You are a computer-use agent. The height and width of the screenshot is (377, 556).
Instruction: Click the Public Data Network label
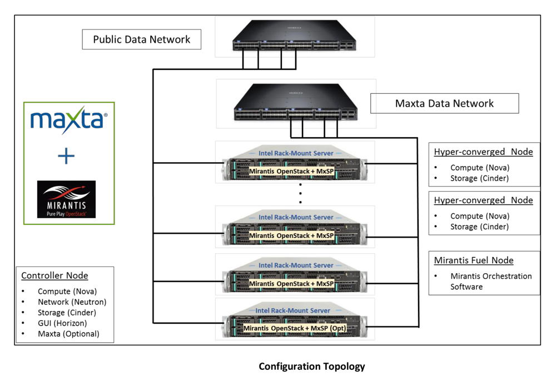pos(141,39)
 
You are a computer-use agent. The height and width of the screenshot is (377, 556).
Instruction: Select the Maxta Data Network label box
pos(444,103)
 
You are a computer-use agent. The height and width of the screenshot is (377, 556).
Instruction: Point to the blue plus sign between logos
pos(66,157)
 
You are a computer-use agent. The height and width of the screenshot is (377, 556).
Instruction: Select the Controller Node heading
pos(54,275)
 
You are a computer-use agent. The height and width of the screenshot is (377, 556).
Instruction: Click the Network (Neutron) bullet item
pos(72,302)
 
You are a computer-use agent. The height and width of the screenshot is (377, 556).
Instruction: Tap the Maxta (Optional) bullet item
pos(68,334)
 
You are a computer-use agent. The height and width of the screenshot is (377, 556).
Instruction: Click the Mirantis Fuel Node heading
pos(474,260)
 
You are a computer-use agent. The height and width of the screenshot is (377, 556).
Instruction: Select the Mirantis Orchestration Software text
pos(483,282)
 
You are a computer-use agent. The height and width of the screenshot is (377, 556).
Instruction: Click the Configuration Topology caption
pos(312,366)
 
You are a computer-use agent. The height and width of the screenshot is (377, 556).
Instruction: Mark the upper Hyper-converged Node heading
pos(483,152)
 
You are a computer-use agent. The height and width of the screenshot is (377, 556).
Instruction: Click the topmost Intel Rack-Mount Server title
pos(296,153)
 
